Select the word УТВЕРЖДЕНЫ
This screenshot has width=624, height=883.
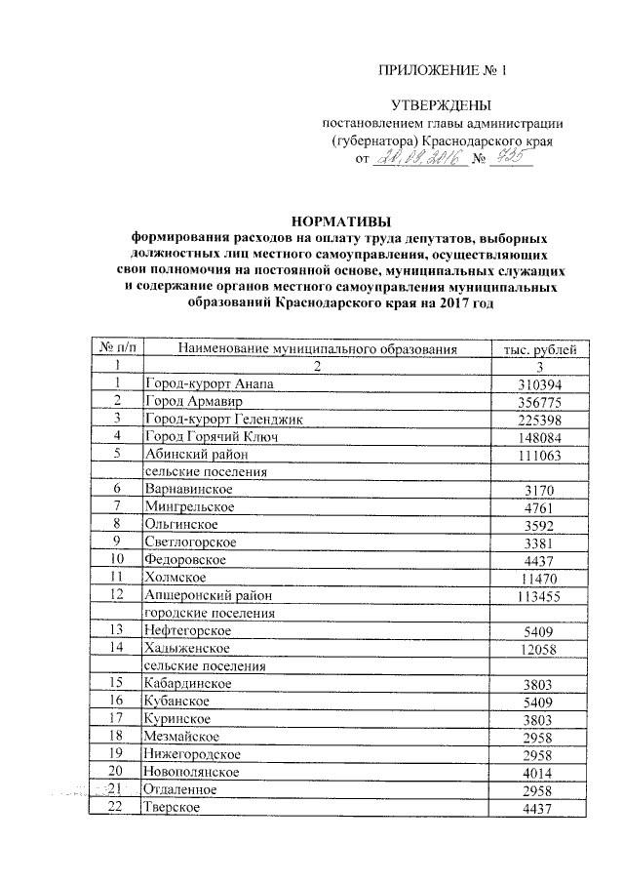441,105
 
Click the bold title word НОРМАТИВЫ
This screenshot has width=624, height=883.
337,221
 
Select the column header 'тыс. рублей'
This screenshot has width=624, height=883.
539,348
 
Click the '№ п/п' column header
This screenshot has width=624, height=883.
117,348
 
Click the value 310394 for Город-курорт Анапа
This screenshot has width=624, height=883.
539,384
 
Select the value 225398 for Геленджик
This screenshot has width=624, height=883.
539,420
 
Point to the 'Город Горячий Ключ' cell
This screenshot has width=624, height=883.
211,437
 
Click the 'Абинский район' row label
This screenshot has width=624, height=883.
198,455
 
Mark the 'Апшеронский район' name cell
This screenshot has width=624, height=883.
207,595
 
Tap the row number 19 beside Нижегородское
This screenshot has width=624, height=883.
117,753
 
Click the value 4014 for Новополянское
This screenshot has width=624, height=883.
539,772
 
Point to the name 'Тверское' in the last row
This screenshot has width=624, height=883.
173,807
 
